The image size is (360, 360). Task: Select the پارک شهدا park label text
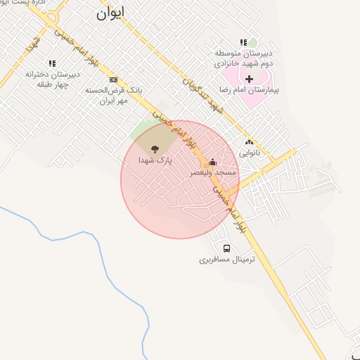pos(155,161)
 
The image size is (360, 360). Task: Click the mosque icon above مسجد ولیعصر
pos(213,162)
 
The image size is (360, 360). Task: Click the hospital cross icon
pos(249,79)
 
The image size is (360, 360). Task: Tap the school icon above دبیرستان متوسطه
pos(243,42)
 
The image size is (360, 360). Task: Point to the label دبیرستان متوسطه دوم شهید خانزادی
pos(243,58)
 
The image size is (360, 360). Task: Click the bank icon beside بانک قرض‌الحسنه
pos(113,79)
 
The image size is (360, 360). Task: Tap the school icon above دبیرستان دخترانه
pos(52,63)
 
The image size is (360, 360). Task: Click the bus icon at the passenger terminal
pos(226,248)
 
